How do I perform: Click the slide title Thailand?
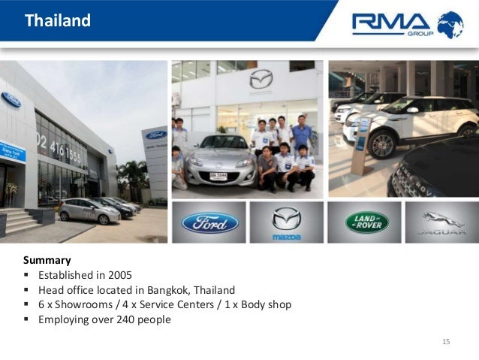coord(58,21)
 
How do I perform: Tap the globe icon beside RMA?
coord(450,24)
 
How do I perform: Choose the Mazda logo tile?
coord(286,222)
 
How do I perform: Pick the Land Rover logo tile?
coord(366,222)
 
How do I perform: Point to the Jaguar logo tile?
coord(442,222)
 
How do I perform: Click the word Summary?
coord(47,261)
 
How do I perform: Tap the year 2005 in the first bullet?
coord(120,275)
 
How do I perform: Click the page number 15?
coord(446,343)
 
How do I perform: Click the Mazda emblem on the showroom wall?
coord(261,78)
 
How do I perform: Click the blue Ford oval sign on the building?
coord(11,99)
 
